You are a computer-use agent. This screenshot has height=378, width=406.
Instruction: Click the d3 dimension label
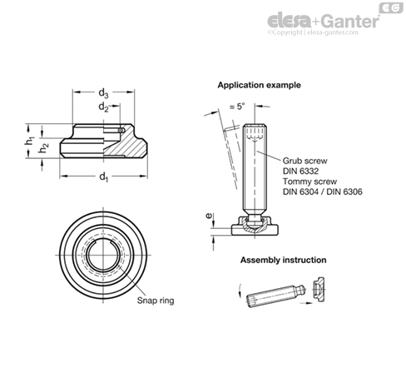pyautogui.click(x=103, y=93)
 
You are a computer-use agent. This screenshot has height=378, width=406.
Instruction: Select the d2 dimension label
pyautogui.click(x=103, y=107)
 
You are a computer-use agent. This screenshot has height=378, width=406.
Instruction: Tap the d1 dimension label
pyautogui.click(x=103, y=177)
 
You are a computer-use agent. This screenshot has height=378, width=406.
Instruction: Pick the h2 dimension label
pyautogui.click(x=43, y=147)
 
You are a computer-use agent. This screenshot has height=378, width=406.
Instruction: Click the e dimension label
pyautogui.click(x=210, y=215)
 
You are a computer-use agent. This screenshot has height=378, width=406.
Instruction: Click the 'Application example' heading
pyautogui.click(x=259, y=85)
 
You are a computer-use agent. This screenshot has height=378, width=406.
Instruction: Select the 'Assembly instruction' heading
pyautogui.click(x=283, y=260)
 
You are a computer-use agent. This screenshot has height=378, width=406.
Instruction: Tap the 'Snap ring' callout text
pyautogui.click(x=156, y=301)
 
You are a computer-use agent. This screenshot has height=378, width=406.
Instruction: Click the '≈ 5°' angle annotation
pyautogui.click(x=237, y=107)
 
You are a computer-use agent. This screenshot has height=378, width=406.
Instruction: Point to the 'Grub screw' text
pyautogui.click(x=304, y=161)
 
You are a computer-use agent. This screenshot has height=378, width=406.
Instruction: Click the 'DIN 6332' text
pyautogui.click(x=300, y=171)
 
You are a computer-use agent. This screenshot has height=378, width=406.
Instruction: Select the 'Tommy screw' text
pyautogui.click(x=309, y=182)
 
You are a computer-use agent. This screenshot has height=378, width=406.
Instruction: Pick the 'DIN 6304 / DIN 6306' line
pyautogui.click(x=322, y=191)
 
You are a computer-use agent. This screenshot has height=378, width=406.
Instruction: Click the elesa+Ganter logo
pyautogui.click(x=324, y=21)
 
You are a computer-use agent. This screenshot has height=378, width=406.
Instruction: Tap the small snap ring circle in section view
pyautogui.click(x=121, y=130)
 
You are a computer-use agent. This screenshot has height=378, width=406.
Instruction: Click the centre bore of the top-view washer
pyautogui.click(x=103, y=255)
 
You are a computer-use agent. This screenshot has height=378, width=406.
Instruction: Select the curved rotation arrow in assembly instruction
pyautogui.click(x=240, y=291)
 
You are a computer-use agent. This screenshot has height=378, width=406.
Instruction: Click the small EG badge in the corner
pyautogui.click(x=391, y=8)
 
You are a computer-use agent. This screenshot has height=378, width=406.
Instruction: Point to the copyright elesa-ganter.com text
pyautogui.click(x=313, y=32)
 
